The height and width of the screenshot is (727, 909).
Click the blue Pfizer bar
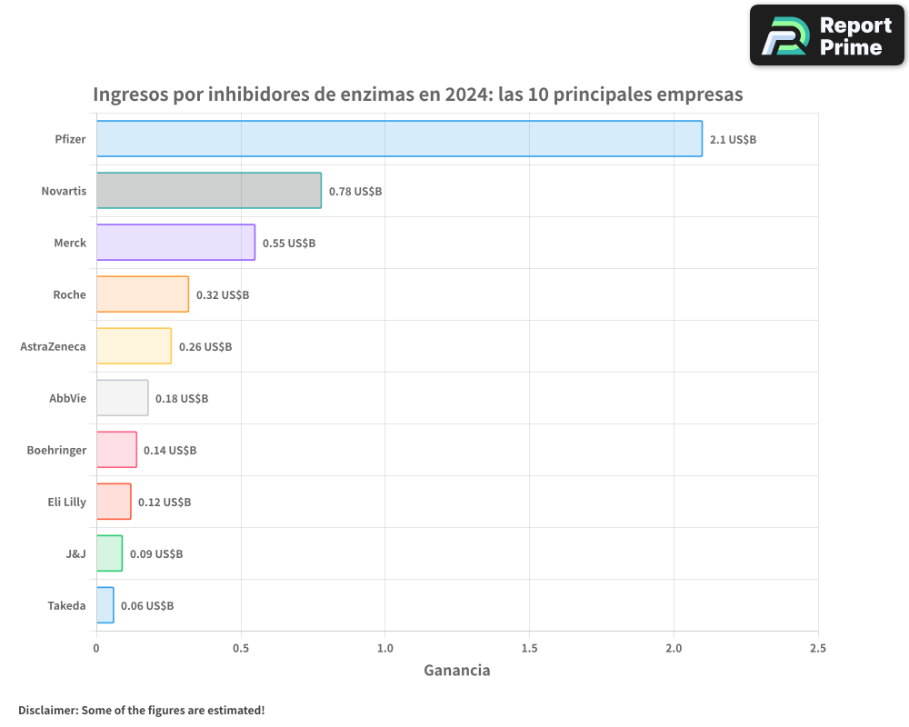(399, 139)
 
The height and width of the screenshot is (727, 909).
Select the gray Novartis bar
(209, 191)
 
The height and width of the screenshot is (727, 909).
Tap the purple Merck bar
(175, 243)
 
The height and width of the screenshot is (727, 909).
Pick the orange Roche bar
(143, 294)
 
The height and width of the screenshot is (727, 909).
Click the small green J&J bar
(109, 553)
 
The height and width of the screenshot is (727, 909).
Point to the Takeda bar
(105, 605)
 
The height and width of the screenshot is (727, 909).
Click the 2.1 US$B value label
(733, 140)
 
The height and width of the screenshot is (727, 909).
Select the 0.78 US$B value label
(355, 192)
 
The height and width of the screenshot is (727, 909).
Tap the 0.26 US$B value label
(205, 347)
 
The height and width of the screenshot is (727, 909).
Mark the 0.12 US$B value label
(164, 503)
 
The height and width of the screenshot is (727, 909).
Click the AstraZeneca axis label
(53, 346)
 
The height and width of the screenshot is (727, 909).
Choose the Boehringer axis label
(56, 450)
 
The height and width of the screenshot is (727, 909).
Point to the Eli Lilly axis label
(66, 502)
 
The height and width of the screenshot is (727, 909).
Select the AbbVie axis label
(67, 398)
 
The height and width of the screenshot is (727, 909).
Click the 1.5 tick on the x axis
(529, 649)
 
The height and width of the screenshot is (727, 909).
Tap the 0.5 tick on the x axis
(241, 649)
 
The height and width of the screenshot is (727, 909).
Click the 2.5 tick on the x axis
(817, 649)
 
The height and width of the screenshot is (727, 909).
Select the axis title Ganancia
(456, 671)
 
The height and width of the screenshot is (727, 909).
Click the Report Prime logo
(826, 35)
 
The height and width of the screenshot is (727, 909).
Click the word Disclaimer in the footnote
(46, 711)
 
